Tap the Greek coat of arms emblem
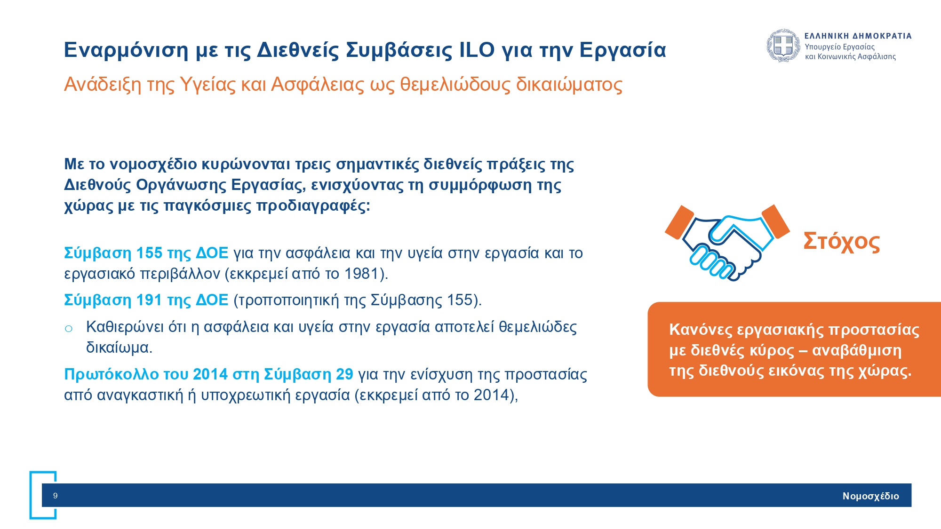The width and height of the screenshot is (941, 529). (783, 46)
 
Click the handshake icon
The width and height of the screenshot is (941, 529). (726, 242)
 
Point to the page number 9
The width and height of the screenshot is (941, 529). (56, 496)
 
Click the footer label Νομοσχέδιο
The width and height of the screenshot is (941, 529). (870, 496)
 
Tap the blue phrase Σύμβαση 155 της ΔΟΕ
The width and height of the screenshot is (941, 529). (146, 253)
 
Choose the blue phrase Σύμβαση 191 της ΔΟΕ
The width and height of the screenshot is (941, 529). (146, 300)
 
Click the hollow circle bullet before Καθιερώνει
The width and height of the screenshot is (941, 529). (69, 328)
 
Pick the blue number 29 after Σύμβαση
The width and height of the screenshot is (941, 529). (344, 374)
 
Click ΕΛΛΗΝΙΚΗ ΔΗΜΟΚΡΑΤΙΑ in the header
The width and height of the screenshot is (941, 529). (858, 36)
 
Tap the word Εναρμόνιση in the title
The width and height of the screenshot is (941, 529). (126, 50)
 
